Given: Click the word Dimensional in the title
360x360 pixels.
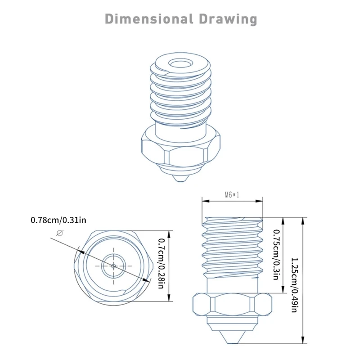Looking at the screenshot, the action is point(149,19).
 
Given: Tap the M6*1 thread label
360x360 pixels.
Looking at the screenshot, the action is point(232,195).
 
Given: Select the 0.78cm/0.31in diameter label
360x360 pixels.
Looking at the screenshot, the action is point(58,220).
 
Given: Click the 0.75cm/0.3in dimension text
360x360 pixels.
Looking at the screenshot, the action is point(276,254).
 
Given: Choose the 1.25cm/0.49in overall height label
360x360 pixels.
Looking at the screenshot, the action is point(294,285).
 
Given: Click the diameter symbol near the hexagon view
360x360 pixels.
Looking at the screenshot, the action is point(60,233).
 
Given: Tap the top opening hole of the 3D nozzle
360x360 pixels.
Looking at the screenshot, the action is point(180,63).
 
